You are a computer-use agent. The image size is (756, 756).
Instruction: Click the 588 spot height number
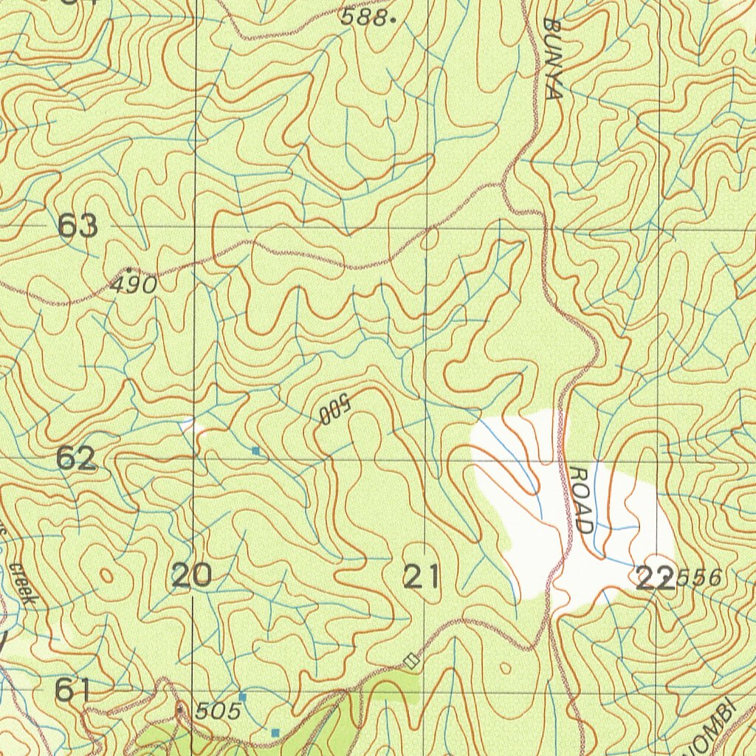coord(363,19)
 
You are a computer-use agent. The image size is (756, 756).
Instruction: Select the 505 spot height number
coord(219,711)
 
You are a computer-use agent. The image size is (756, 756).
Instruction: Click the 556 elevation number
coord(699,579)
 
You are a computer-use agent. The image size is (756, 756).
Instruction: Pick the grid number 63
coord(78,226)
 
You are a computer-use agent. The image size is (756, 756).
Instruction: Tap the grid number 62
coord(77,458)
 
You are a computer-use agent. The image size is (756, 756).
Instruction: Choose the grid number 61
coord(73,691)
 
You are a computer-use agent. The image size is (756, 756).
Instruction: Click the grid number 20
coord(192,575)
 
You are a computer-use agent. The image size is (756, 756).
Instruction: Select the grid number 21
coord(422,576)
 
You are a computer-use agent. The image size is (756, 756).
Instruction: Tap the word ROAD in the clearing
coord(582,500)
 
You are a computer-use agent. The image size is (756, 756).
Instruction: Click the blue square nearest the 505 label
coord(242,697)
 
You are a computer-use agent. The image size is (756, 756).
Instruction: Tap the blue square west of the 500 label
coord(256,450)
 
